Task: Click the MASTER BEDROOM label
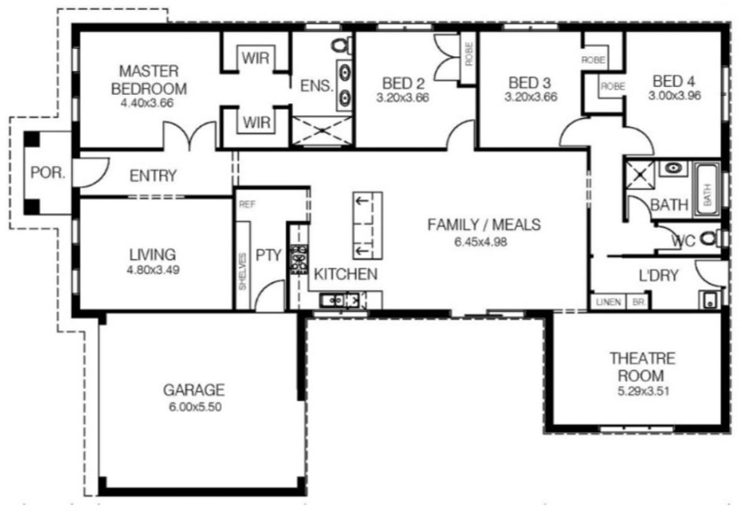tap(149, 79)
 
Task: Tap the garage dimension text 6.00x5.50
tap(194, 407)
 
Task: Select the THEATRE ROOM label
tap(642, 367)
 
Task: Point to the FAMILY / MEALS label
tap(484, 225)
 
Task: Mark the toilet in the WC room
tap(708, 238)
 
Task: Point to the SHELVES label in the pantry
tap(243, 272)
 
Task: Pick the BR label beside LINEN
tap(637, 302)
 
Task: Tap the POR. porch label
tap(48, 173)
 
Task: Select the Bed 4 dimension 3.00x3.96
tap(676, 96)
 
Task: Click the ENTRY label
tap(153, 175)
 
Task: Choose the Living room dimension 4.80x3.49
tap(152, 270)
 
